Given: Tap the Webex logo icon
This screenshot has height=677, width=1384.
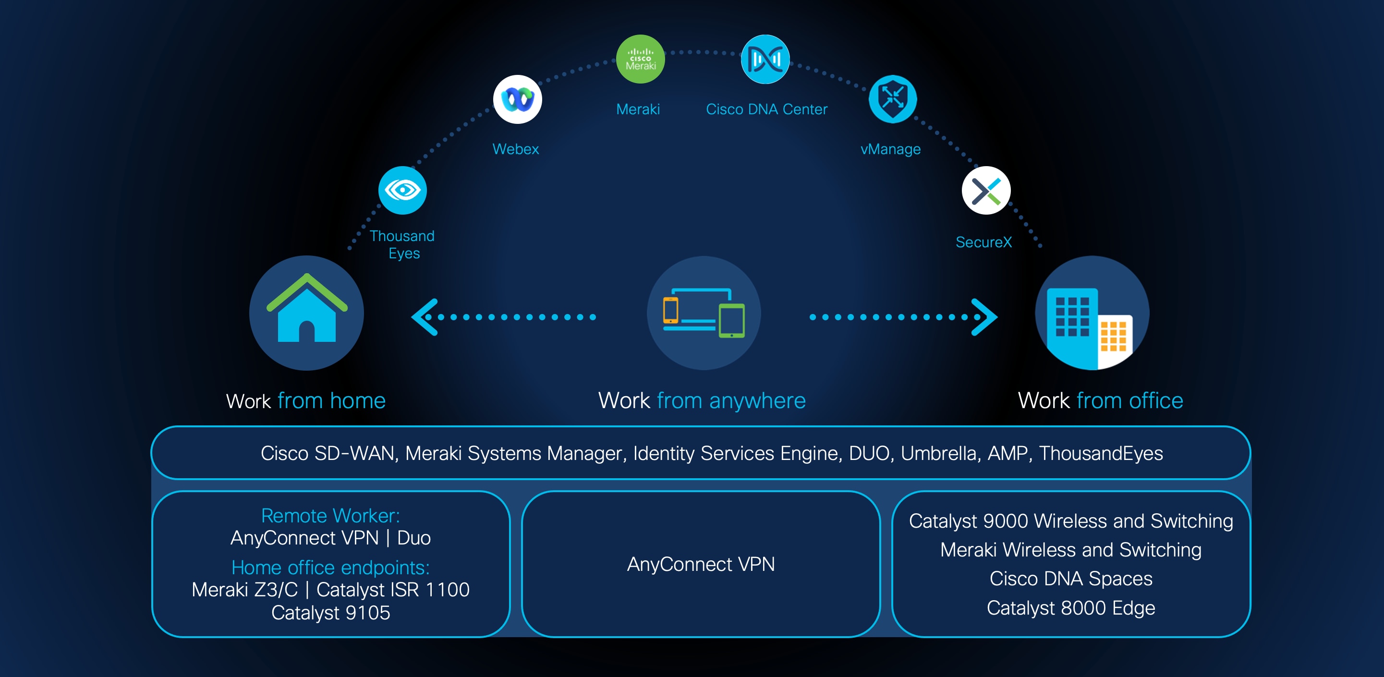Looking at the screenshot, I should [517, 99].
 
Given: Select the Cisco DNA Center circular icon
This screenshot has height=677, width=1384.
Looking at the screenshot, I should [765, 59].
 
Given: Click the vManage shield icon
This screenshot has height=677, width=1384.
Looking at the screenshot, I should [892, 99].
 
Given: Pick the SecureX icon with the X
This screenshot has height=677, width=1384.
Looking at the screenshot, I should [986, 191].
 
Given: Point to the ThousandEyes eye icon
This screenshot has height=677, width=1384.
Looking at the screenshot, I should [402, 190].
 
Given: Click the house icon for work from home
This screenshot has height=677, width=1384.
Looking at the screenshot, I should [306, 313].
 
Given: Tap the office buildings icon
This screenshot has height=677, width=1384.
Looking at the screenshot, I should [1092, 313].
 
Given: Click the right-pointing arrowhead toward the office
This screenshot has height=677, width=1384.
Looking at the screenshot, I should [984, 317].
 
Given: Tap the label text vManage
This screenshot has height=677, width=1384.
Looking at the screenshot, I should [890, 149].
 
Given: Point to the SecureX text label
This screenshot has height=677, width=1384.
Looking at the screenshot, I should [983, 242].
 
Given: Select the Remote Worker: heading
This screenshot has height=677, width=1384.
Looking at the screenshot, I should [330, 515].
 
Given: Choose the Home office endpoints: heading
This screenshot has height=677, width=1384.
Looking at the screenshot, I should [330, 568].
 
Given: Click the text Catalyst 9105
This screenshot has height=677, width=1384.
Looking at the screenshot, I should [330, 613].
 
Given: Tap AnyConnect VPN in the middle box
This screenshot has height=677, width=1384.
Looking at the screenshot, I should [701, 564].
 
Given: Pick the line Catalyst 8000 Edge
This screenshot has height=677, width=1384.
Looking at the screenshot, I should [1070, 608].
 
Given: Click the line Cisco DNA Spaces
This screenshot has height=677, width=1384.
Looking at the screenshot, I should [1070, 579].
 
